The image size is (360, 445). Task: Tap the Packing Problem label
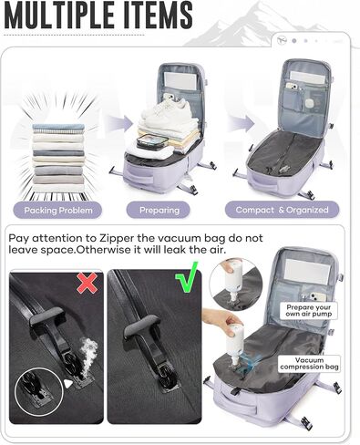point(57,210)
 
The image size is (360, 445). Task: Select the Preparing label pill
point(159,210)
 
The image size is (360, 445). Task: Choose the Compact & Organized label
point(282,210)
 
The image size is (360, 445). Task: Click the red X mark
point(87,283)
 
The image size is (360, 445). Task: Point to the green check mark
point(186,277)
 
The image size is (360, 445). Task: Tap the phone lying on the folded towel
point(152,142)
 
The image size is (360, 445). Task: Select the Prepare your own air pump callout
point(308,311)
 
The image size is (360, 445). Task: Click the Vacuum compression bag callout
point(309,364)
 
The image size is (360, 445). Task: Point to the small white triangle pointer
point(68,384)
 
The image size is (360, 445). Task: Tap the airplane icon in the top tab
point(283,40)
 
